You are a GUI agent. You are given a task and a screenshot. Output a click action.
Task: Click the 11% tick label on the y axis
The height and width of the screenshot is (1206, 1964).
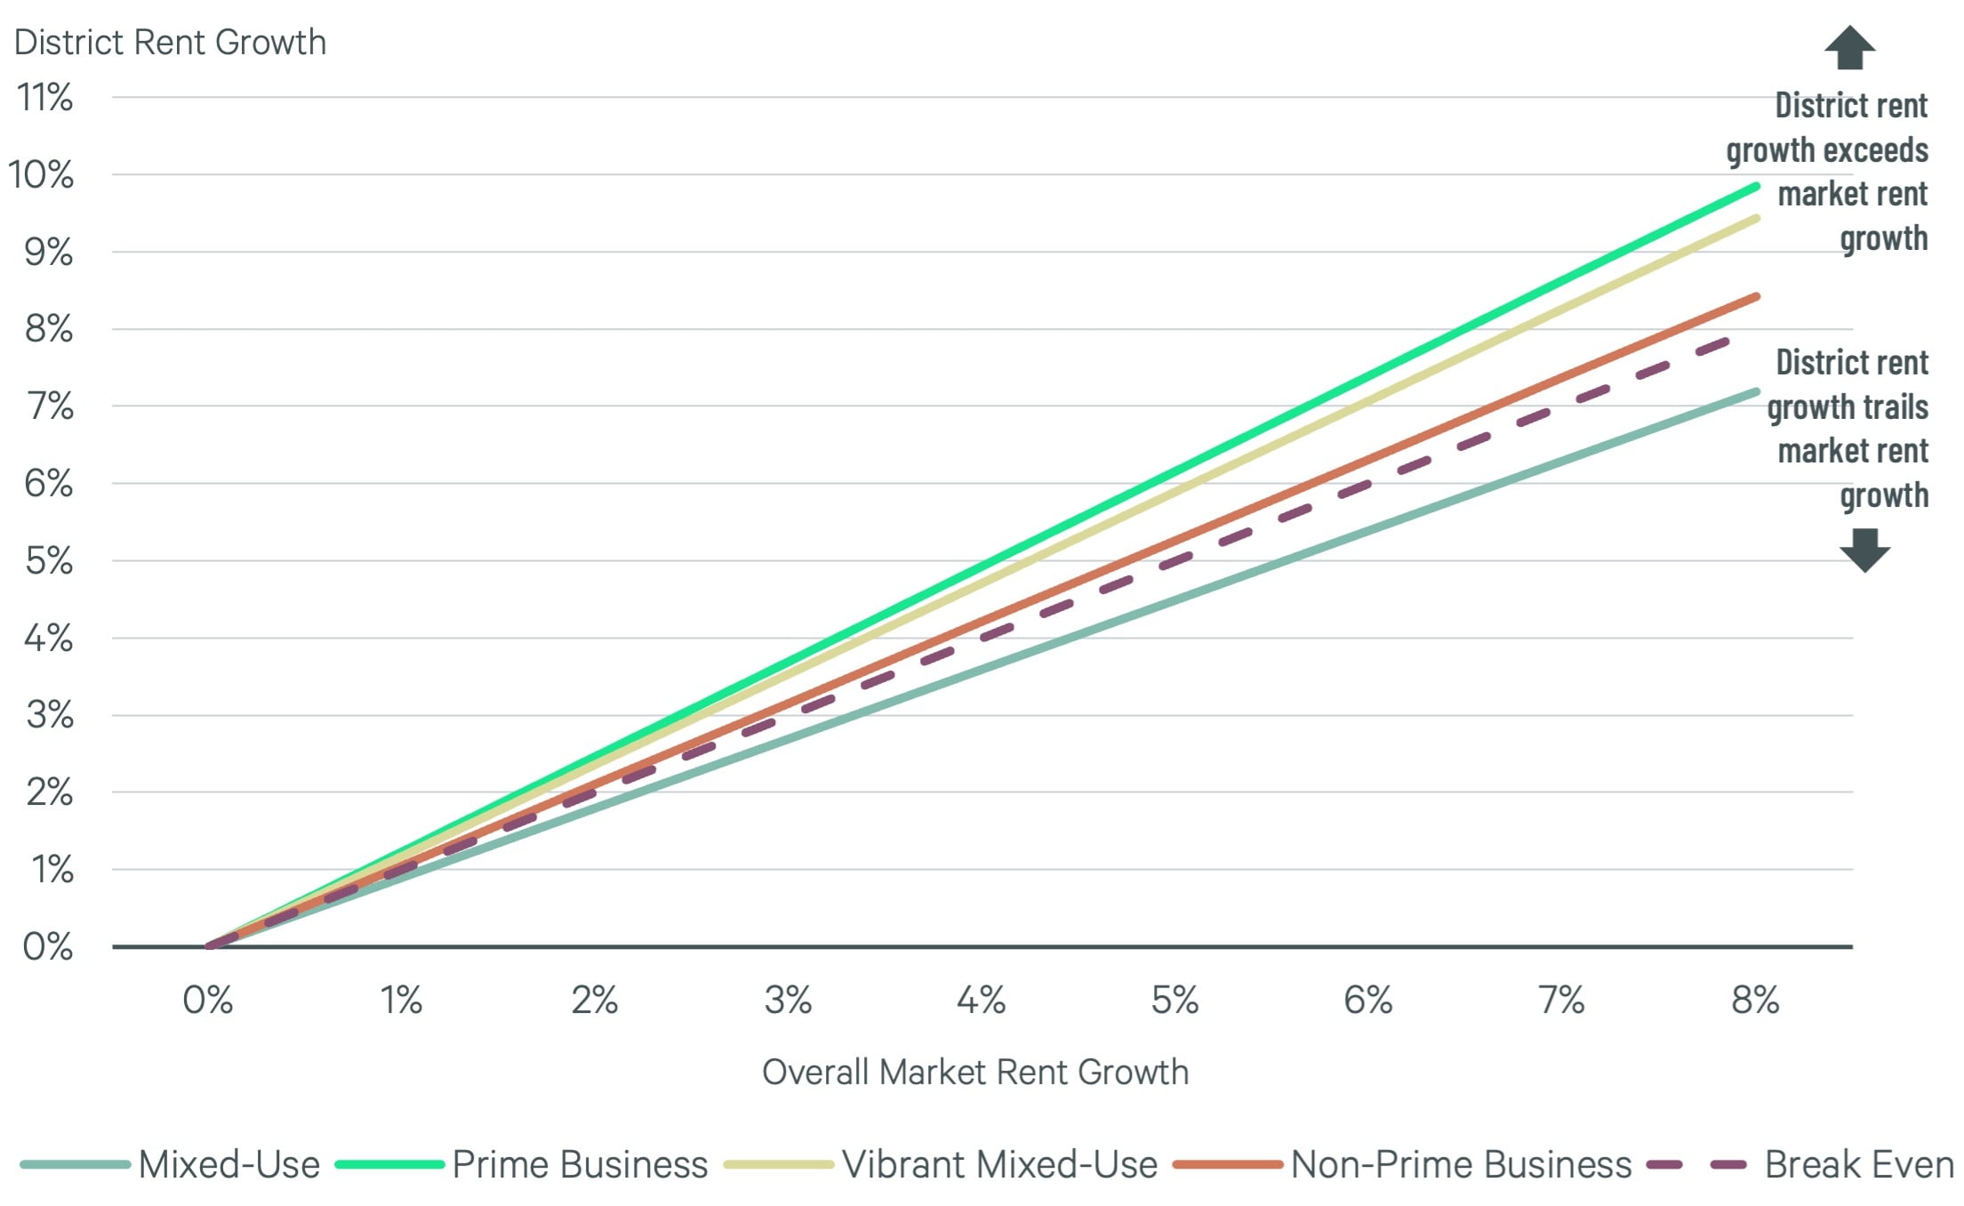tap(44, 97)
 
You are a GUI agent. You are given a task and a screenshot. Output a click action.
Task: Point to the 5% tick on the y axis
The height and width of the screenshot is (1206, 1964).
tap(49, 561)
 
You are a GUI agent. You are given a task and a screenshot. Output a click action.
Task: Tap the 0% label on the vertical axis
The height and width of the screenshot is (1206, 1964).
tap(48, 946)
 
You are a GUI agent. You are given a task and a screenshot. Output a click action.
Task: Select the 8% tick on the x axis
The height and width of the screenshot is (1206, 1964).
tap(1755, 1001)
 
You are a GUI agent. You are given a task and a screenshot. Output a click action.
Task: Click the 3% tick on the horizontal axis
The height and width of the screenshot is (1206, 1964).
tap(788, 1001)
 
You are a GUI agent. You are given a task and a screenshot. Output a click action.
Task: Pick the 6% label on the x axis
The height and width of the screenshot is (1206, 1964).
tap(1367, 1001)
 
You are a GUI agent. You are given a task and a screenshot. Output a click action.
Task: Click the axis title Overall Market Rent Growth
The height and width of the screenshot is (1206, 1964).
tap(975, 1072)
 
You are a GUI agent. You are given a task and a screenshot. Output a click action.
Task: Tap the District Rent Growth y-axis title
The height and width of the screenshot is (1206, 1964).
tap(170, 42)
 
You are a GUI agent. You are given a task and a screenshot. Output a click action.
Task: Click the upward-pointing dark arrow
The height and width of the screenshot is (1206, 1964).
tap(1849, 48)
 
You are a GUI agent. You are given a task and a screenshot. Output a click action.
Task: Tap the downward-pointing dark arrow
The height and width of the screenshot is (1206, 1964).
tap(1864, 550)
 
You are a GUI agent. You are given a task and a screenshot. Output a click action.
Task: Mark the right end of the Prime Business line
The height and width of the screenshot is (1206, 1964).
tap(1756, 186)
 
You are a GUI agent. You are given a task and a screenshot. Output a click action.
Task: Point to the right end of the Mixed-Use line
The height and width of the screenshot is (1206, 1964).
tap(1756, 391)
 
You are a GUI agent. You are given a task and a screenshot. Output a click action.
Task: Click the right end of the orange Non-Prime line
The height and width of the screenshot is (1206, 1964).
tap(1756, 296)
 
